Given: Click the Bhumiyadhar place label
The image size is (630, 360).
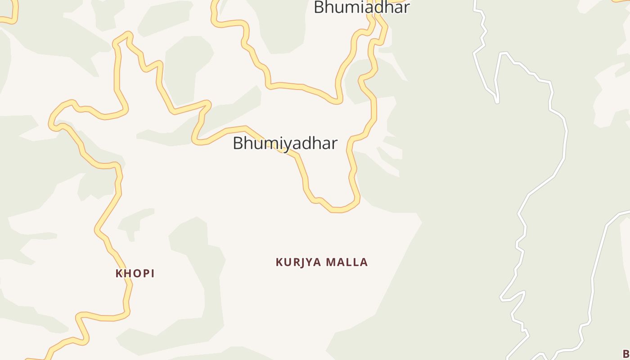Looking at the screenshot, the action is coord(285,143).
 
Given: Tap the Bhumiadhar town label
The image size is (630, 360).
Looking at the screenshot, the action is coord(361,7).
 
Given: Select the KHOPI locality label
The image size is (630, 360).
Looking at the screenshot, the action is coord(135,273).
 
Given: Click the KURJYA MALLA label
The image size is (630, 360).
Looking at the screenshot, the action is coord(322,262).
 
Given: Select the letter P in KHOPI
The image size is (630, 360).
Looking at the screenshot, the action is coord(145,273).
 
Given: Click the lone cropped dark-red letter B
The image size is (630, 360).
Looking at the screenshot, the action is coord(626,353).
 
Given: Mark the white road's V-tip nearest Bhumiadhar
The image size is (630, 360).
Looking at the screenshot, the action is coord(497,102).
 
